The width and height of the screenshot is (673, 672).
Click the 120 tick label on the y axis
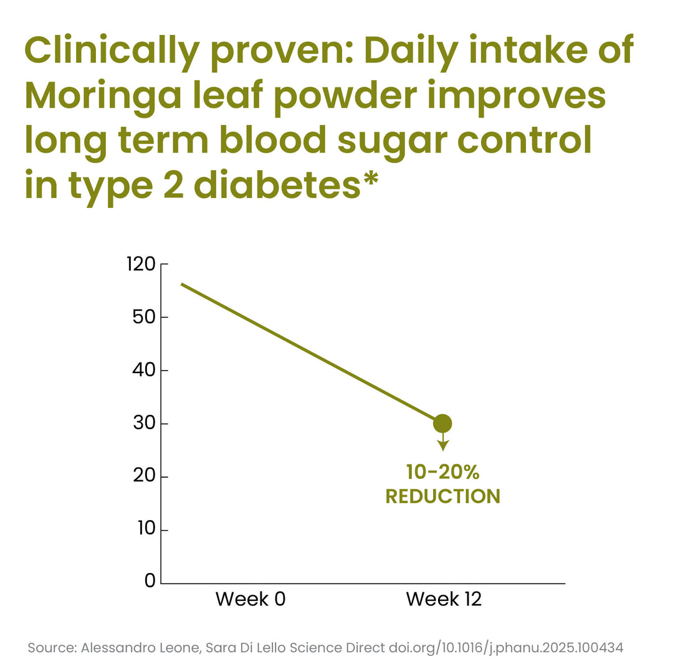coord(141,264)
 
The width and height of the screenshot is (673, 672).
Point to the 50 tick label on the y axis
coord(144,318)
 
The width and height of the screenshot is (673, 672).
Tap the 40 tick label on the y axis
coord(144,370)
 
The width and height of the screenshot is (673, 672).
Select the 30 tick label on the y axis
coord(144,424)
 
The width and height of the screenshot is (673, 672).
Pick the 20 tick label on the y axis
coord(144,476)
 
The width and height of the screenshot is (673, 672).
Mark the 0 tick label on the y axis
coord(150,581)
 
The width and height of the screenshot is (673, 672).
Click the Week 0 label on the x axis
coord(251,600)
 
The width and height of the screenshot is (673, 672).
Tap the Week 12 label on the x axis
coord(444,600)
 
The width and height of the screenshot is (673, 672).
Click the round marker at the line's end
coord(442,424)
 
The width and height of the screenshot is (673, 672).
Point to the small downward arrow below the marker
coord(443,442)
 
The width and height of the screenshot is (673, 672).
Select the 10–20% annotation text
coord(442,472)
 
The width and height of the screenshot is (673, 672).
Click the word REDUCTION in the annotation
coord(442,496)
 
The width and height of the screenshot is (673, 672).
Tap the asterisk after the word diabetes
coord(370,179)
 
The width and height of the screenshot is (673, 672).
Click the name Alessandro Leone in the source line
coord(140,648)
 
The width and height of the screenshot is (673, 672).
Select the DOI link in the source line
coord(506,648)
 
